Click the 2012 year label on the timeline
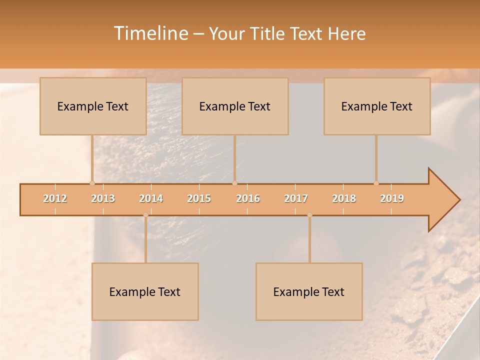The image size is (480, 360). pos(55,199)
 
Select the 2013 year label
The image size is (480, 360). pos(103,199)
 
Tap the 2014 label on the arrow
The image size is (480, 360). pos(151,199)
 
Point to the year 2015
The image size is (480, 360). pos(199,199)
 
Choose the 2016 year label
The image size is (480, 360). pos(248,199)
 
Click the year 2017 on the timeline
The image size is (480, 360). pos(296,199)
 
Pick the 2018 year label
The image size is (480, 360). pos(344,199)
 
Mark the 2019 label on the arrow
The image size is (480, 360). pos(392,199)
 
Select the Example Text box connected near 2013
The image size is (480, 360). pos(93,106)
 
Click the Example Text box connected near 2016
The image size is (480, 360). pos(235,106)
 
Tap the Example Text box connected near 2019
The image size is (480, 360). pos(377,106)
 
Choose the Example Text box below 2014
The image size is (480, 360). pos(145,292)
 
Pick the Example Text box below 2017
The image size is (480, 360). pos(309,292)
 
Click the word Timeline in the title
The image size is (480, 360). pos(150,33)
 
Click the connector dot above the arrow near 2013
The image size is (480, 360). pos(92,183)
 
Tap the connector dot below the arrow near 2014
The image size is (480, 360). pos(145,215)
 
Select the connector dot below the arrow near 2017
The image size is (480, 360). pos(309,215)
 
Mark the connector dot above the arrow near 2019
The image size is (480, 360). pos(376,183)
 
